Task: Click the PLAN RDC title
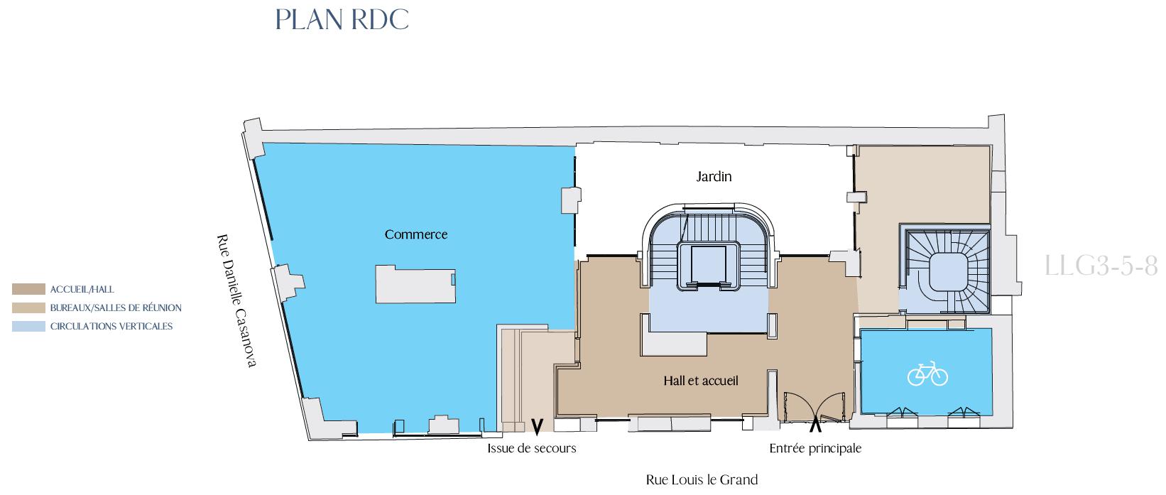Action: pyautogui.click(x=342, y=20)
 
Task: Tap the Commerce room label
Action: pyautogui.click(x=416, y=235)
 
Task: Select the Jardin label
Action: pyautogui.click(x=714, y=177)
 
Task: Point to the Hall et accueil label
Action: pyautogui.click(x=701, y=381)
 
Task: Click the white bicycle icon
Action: pyautogui.click(x=927, y=374)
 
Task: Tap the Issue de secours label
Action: pyautogui.click(x=531, y=448)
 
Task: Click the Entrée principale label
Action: pyautogui.click(x=815, y=448)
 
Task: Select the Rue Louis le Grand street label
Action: pyautogui.click(x=702, y=479)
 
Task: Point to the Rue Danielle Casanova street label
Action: pyautogui.click(x=237, y=301)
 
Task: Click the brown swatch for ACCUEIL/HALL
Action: pyautogui.click(x=28, y=289)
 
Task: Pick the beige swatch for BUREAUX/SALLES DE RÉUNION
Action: pyautogui.click(x=28, y=308)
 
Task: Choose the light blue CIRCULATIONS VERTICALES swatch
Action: pyautogui.click(x=28, y=327)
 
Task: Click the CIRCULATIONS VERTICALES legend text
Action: pyautogui.click(x=111, y=327)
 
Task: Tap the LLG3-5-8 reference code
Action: pyautogui.click(x=1101, y=266)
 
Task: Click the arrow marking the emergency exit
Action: pyautogui.click(x=537, y=426)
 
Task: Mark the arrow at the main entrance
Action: pyautogui.click(x=815, y=424)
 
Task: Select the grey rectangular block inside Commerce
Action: pyautogui.click(x=415, y=284)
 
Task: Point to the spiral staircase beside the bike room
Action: pyautogui.click(x=947, y=271)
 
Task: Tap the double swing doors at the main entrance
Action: pyautogui.click(x=815, y=406)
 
